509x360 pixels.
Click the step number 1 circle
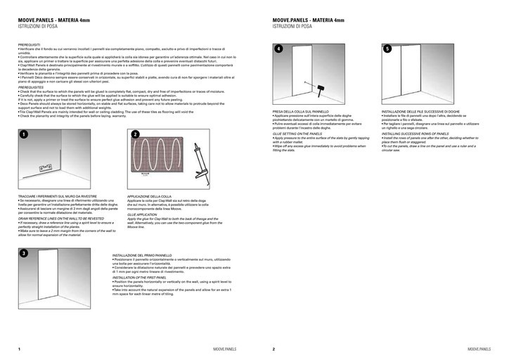(23, 134)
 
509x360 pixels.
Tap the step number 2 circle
(136, 134)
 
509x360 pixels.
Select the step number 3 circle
(23, 252)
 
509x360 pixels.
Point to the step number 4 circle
(278, 49)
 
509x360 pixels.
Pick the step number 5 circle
(387, 49)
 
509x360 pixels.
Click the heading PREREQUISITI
(31, 44)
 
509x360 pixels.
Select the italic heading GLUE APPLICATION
(142, 215)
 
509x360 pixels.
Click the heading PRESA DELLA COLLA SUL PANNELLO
(301, 111)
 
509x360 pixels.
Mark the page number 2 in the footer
(273, 349)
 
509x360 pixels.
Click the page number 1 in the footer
(19, 349)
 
